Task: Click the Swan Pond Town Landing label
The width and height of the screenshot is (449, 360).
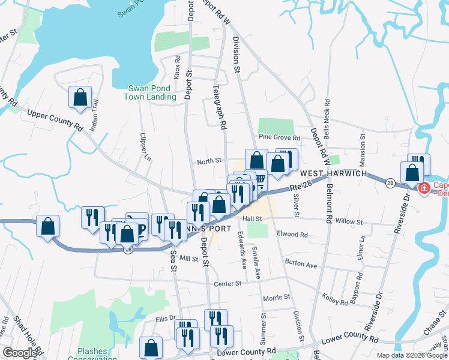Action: (x=148, y=92)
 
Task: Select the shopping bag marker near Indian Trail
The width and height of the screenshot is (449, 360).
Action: (x=79, y=97)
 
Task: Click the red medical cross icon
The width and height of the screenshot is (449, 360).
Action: (x=424, y=188)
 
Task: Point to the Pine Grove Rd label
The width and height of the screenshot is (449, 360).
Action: (x=279, y=137)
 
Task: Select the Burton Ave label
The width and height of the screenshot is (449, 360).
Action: (x=301, y=264)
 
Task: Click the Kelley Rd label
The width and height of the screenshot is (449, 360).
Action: (x=335, y=299)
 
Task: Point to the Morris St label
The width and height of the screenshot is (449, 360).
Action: (x=276, y=297)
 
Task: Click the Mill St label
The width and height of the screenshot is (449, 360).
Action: (x=188, y=259)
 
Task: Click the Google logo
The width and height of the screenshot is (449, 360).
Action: (x=20, y=353)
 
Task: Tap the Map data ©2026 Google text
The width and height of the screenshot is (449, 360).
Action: (x=411, y=355)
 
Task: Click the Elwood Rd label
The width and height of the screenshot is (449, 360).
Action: (x=292, y=235)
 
